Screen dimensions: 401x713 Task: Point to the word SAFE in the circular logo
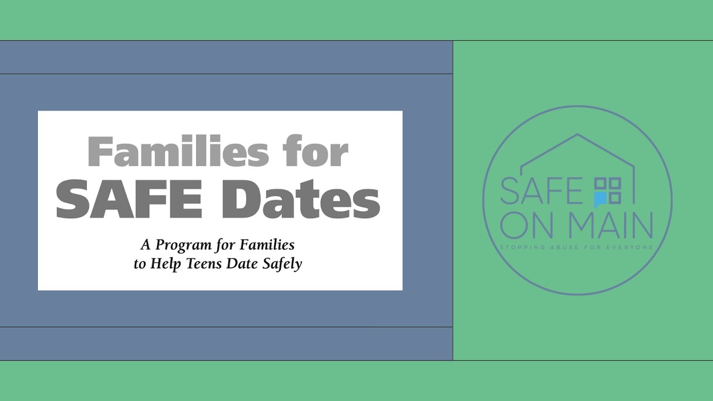pyautogui.click(x=541, y=191)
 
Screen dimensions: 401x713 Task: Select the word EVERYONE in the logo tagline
pyautogui.click(x=631, y=247)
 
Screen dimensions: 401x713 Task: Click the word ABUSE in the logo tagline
pyautogui.click(x=569, y=247)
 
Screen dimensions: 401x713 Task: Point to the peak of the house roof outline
pyautogui.click(x=577, y=134)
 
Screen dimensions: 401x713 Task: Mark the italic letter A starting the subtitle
pyautogui.click(x=145, y=245)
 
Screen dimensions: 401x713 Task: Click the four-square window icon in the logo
pyautogui.click(x=608, y=190)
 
